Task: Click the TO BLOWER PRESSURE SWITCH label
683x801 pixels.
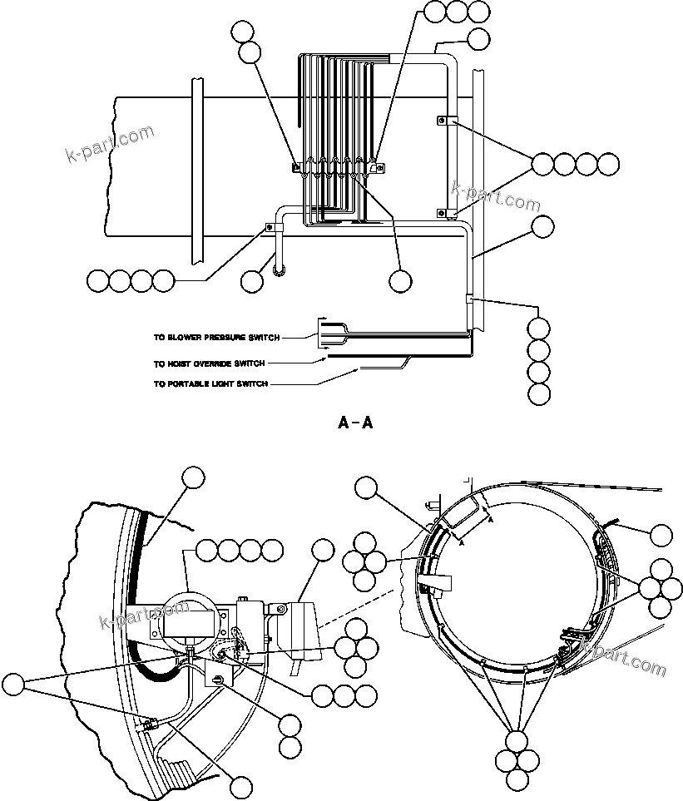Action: point(215,338)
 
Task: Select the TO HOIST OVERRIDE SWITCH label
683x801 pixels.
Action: point(209,363)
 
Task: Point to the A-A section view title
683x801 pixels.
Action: point(355,423)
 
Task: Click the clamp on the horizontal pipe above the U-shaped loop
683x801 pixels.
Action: point(270,225)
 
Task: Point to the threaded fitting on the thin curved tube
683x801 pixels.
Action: point(151,724)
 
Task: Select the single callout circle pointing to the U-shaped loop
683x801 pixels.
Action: point(251,280)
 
